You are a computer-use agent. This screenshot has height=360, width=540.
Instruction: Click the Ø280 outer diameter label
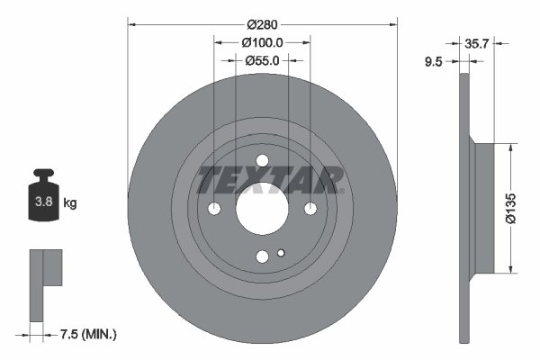262,25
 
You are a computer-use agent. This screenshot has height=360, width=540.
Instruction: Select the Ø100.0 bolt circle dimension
262,42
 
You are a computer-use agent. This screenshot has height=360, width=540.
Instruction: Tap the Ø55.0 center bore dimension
262,60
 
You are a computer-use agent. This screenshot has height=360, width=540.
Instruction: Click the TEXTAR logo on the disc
270,180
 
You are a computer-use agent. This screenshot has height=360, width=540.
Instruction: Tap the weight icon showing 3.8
41,200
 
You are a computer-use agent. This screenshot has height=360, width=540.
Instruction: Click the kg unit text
69,202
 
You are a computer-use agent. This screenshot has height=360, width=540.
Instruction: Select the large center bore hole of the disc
262,209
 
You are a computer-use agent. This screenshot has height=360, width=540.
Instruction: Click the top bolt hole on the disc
262,162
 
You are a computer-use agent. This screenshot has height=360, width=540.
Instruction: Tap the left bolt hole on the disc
214,209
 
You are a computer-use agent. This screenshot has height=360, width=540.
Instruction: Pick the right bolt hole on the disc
310,209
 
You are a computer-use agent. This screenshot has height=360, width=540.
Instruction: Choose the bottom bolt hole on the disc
262,256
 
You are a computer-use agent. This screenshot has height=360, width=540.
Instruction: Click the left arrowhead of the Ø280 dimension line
130,25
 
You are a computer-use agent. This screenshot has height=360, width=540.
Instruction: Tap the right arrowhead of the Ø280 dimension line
394,25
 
